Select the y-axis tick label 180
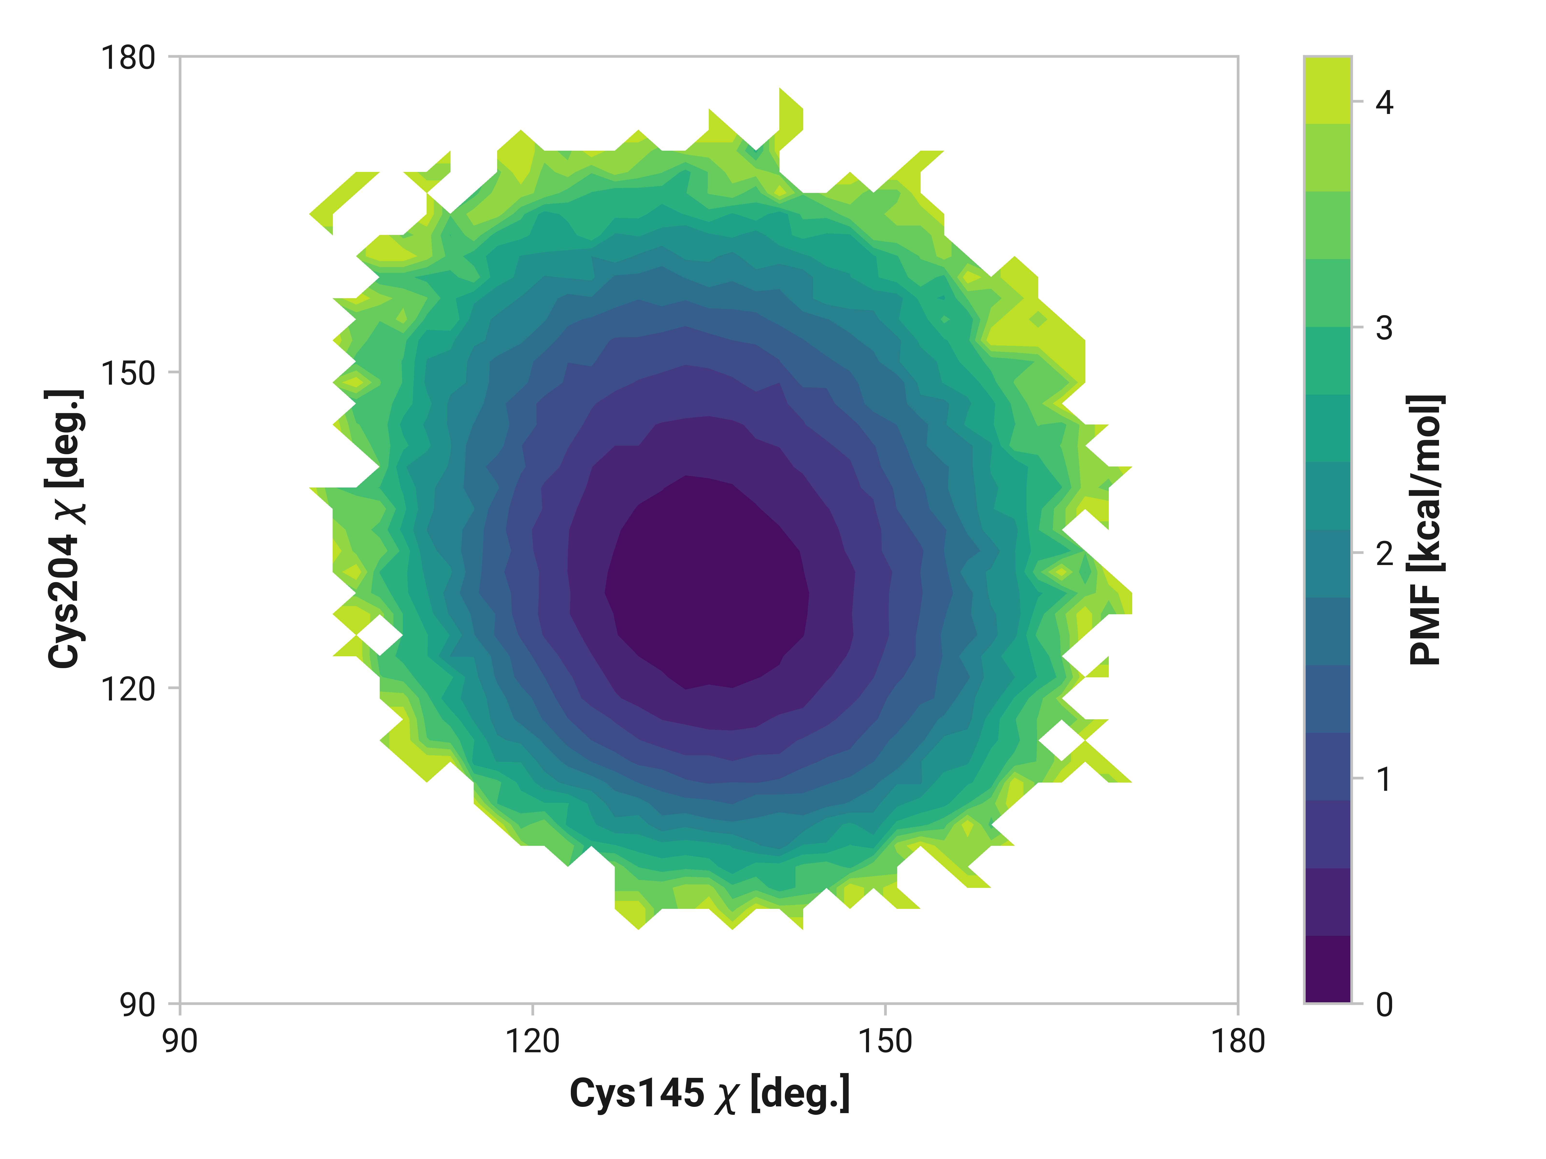(x=128, y=57)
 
